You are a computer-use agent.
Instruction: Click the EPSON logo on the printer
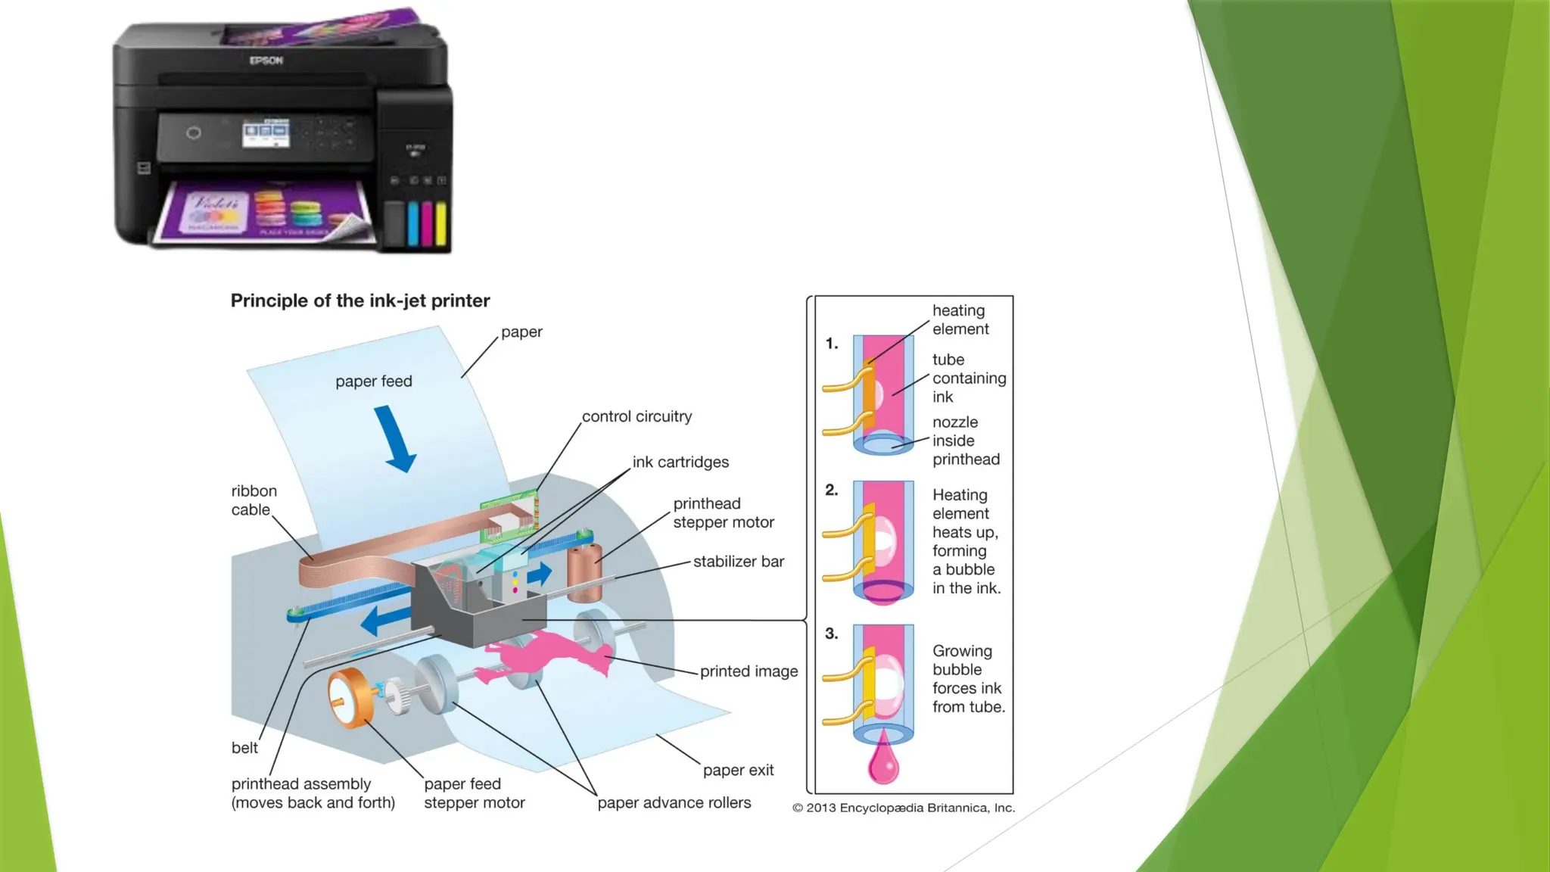tap(266, 61)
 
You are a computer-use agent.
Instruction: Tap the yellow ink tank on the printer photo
tap(441, 224)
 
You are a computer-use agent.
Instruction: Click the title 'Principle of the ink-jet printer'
tap(360, 301)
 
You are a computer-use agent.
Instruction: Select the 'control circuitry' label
tap(636, 417)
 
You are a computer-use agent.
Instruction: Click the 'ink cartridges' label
tap(680, 462)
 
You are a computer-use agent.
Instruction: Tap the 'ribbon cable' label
tap(254, 500)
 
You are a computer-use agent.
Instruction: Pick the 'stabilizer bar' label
tap(738, 562)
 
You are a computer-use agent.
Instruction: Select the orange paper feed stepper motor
tap(349, 697)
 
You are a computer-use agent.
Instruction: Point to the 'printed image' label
tap(749, 671)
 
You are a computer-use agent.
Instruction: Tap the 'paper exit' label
tap(738, 771)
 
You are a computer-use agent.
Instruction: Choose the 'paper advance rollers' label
tap(674, 803)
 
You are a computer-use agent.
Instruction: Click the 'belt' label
tap(244, 748)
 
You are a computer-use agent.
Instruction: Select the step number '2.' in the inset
tap(832, 490)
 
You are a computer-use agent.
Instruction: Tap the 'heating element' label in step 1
tap(960, 319)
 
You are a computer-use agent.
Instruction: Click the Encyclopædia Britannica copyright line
tap(904, 808)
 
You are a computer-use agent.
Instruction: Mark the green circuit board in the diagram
tap(509, 515)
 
